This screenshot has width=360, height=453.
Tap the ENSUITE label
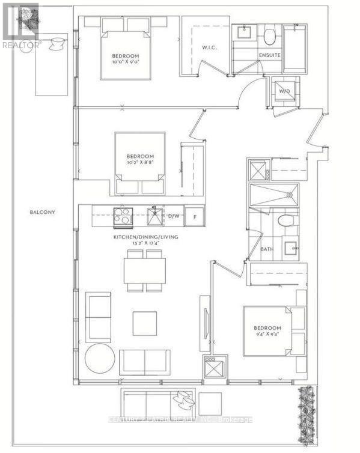point(270,55)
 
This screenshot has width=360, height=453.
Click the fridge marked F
point(194,216)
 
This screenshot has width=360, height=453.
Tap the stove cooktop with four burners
point(123,216)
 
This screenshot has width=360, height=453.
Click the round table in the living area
point(100,359)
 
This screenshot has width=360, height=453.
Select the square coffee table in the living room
point(144,323)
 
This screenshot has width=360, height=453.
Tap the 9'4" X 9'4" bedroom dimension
point(266,335)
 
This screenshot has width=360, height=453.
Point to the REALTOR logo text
point(20,44)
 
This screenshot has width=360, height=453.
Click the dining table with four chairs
point(144,271)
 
